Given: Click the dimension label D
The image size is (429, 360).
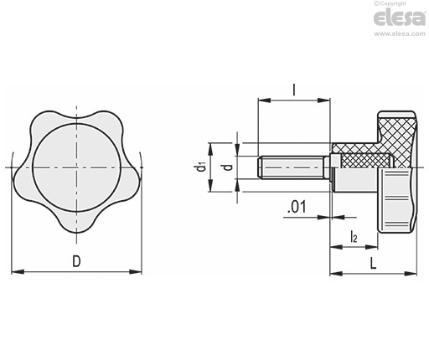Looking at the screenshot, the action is point(76,261).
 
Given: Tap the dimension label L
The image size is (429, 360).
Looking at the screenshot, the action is point(373,263).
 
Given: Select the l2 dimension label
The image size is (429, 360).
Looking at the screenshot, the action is point(354,236).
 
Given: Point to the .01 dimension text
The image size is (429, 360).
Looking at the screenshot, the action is point(297,207).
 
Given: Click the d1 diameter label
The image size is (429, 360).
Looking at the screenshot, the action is point(201,167).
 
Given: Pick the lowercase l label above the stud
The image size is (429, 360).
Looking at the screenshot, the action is point(294,90).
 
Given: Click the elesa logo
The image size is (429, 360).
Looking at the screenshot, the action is point(400,18).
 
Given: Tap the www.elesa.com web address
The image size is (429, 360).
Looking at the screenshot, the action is point(400,34).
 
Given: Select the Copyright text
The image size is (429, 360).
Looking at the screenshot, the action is point(390,3).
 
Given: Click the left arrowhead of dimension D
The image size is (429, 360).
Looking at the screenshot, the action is point(18,271).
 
